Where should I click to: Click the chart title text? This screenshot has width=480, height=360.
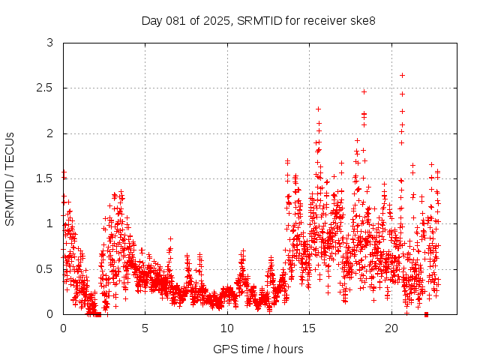tap(258, 20)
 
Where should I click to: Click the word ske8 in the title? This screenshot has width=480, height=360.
tap(361, 20)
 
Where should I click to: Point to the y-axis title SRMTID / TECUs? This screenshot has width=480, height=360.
tap(10, 178)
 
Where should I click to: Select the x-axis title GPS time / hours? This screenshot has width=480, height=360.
tap(258, 349)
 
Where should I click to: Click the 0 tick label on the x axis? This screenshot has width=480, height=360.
tap(63, 328)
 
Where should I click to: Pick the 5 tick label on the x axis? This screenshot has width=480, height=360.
tap(145, 328)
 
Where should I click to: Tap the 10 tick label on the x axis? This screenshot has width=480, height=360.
tap(227, 328)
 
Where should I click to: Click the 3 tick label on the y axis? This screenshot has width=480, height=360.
tap(49, 43)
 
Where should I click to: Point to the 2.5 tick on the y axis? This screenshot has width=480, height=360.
tap(45, 88)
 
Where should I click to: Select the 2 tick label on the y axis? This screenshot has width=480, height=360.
tap(49, 133)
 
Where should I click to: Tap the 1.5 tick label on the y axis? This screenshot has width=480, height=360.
tap(45, 178)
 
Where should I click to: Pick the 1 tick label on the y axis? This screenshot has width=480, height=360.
tap(49, 223)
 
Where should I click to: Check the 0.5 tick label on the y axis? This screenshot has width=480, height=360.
tap(45, 268)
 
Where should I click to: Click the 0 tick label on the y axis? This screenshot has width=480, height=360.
tap(49, 313)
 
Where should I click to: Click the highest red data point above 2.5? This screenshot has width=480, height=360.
tap(403, 75)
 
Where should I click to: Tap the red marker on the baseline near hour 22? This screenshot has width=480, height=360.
tap(426, 313)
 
